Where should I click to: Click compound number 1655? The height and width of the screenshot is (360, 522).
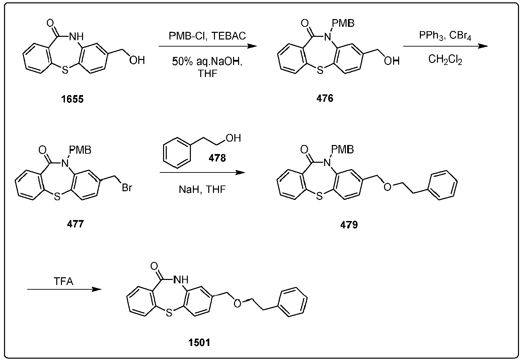coord(72,99)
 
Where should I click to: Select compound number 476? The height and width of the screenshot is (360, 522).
coord(325,98)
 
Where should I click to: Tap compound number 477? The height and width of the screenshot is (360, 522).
coord(75,224)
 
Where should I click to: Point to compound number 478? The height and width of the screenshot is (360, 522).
coord(217,158)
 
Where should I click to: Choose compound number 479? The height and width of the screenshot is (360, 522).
coord(349,225)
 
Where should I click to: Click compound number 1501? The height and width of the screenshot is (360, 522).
coord(199,343)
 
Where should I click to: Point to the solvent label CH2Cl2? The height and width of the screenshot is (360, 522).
coord(445,60)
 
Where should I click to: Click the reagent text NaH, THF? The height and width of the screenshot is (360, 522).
coord(202,189)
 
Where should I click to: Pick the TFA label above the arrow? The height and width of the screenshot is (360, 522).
coord(63,281)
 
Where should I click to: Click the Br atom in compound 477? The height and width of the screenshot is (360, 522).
coord(127,188)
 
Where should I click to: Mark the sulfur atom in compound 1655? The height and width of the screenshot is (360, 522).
coord(65,70)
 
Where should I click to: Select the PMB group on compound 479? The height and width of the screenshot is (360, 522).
coord(342,149)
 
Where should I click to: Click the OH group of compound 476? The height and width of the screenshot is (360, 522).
coord(392,61)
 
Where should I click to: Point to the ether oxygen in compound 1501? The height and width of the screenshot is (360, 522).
coord(237,304)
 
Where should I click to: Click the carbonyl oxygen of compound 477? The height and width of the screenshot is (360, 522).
coord(43,150)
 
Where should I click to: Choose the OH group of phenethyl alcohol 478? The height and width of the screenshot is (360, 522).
coord(233,138)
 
